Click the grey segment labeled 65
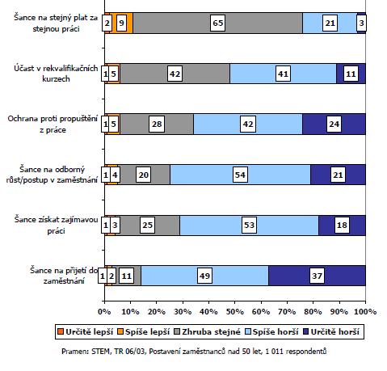click(x=217, y=23)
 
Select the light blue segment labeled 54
click(x=240, y=175)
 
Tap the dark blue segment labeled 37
click(x=317, y=276)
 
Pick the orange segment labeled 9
click(x=121, y=23)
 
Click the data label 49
click(x=204, y=276)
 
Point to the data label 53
click(x=249, y=225)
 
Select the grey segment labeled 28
click(x=157, y=124)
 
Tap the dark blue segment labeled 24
click(x=334, y=124)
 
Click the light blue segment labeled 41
click(x=283, y=74)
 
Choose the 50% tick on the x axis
click(x=235, y=301)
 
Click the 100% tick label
click(x=365, y=312)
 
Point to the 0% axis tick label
click(x=104, y=312)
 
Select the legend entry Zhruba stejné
click(x=208, y=331)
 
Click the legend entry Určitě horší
click(x=331, y=331)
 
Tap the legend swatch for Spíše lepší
click(x=120, y=331)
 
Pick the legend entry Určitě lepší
click(x=86, y=331)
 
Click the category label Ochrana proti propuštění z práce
click(x=53, y=124)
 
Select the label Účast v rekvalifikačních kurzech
click(x=56, y=74)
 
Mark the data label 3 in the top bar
click(x=361, y=23)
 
